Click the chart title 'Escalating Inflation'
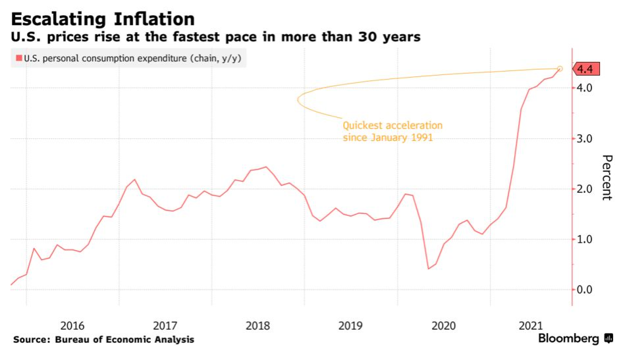[x=102, y=18]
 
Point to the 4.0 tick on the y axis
[x=585, y=88]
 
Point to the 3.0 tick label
[x=585, y=139]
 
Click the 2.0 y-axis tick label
[x=585, y=190]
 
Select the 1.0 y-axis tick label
[x=585, y=240]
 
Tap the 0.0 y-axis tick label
[x=585, y=290]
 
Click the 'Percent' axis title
[x=607, y=178]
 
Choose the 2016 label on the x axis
[x=72, y=325]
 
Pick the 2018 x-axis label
[x=257, y=325]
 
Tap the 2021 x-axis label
[x=530, y=325]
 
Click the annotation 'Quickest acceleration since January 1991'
[x=393, y=132]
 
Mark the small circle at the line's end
[x=560, y=68]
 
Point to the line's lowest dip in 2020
[x=429, y=269]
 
